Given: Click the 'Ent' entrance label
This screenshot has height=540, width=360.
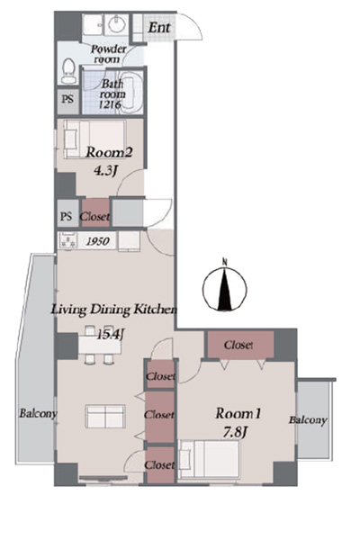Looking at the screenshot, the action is point(159,28).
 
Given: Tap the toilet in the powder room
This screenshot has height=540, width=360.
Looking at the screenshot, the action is point(68,70).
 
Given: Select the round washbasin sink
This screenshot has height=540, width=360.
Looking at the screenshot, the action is point(117,24).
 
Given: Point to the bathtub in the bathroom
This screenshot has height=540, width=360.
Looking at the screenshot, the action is point(131,92).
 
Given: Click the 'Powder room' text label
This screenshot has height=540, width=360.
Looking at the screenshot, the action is point(108,54).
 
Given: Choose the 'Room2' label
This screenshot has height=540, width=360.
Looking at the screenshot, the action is point(109,152).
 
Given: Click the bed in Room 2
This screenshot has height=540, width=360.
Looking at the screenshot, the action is point(94,139).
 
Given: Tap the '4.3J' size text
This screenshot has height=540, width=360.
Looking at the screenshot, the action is point(105,170).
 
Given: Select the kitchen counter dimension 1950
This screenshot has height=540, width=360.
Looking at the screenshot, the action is point(98,241).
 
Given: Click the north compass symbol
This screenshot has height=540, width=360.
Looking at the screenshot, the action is point(224,286).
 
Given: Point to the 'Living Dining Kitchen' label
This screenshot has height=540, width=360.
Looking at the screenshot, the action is point(114,310).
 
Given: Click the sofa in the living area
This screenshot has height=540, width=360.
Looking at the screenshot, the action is point(105,416).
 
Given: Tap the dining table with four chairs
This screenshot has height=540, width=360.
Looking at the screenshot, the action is point(100,345).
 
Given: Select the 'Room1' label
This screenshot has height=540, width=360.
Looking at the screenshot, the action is point(238,413).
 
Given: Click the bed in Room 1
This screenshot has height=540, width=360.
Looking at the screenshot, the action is point(209,459).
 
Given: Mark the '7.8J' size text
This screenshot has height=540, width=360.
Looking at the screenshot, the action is point(235,433).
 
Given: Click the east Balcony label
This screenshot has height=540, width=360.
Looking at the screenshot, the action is point(308,420).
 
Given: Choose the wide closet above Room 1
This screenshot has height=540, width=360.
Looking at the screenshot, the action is point(240,345).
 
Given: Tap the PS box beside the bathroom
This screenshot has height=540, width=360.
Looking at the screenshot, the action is point(67,99).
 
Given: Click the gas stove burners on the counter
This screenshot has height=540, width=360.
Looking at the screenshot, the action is point(68,240).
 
